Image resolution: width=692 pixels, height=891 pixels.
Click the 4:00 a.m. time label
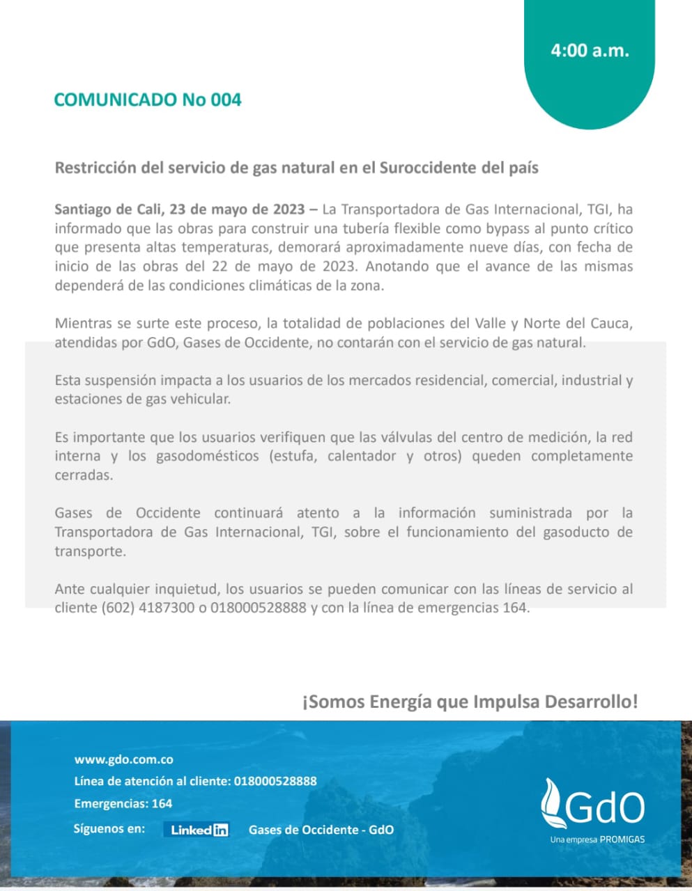(590, 50)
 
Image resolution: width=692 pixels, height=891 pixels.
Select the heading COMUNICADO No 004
(148, 100)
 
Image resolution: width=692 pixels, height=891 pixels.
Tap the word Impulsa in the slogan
(507, 701)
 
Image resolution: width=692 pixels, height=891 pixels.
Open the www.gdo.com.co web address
(124, 759)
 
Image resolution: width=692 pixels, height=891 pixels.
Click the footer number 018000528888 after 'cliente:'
(275, 781)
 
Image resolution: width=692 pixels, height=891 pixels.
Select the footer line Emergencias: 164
(123, 803)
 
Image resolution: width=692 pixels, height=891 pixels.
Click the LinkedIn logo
(199, 830)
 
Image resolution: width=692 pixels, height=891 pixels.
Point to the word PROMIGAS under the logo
(622, 839)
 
